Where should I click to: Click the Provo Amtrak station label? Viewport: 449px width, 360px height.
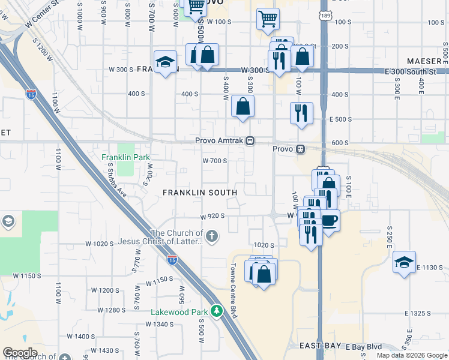[x=220, y=141]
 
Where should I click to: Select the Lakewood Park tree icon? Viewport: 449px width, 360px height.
[x=217, y=311]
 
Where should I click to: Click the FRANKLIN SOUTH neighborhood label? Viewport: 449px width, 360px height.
[x=200, y=192]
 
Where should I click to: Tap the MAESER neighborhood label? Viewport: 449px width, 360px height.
[x=424, y=61]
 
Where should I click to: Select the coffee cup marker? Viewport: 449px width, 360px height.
[x=329, y=220]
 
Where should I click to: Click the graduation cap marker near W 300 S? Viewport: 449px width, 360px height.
[x=165, y=62]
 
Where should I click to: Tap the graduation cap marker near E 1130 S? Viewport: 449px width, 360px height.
[x=404, y=262]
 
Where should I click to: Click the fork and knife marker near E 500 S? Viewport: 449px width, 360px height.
[x=301, y=113]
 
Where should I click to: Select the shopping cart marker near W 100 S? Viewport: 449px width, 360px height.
[x=267, y=18]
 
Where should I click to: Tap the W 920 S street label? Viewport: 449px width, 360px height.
[x=213, y=215]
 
